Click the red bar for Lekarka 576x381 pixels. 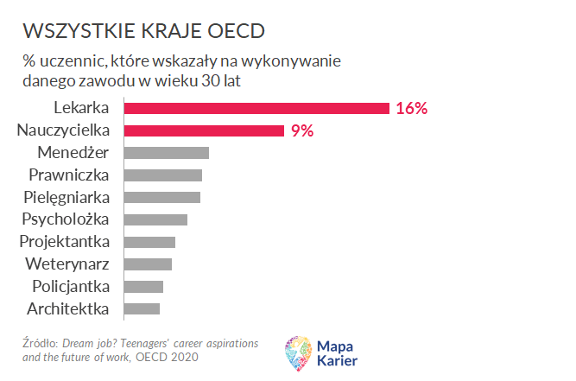pos(256,108)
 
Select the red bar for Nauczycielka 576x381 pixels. pos(204,130)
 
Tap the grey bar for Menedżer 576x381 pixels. pos(167,153)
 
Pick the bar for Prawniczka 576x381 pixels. pos(163,175)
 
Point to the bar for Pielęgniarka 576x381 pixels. pos(162,197)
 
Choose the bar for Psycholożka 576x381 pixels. pos(155,219)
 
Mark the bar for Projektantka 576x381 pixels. pos(149,242)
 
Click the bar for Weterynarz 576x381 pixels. pos(148,264)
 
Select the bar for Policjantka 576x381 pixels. pos(143,286)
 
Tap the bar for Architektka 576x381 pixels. pos(142,308)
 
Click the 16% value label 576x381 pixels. pos(412,108)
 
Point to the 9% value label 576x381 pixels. pos(301,130)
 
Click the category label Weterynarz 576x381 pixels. pos(67,264)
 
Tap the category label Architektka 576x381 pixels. pos(67,308)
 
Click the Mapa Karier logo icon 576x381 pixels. pos(299,353)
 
